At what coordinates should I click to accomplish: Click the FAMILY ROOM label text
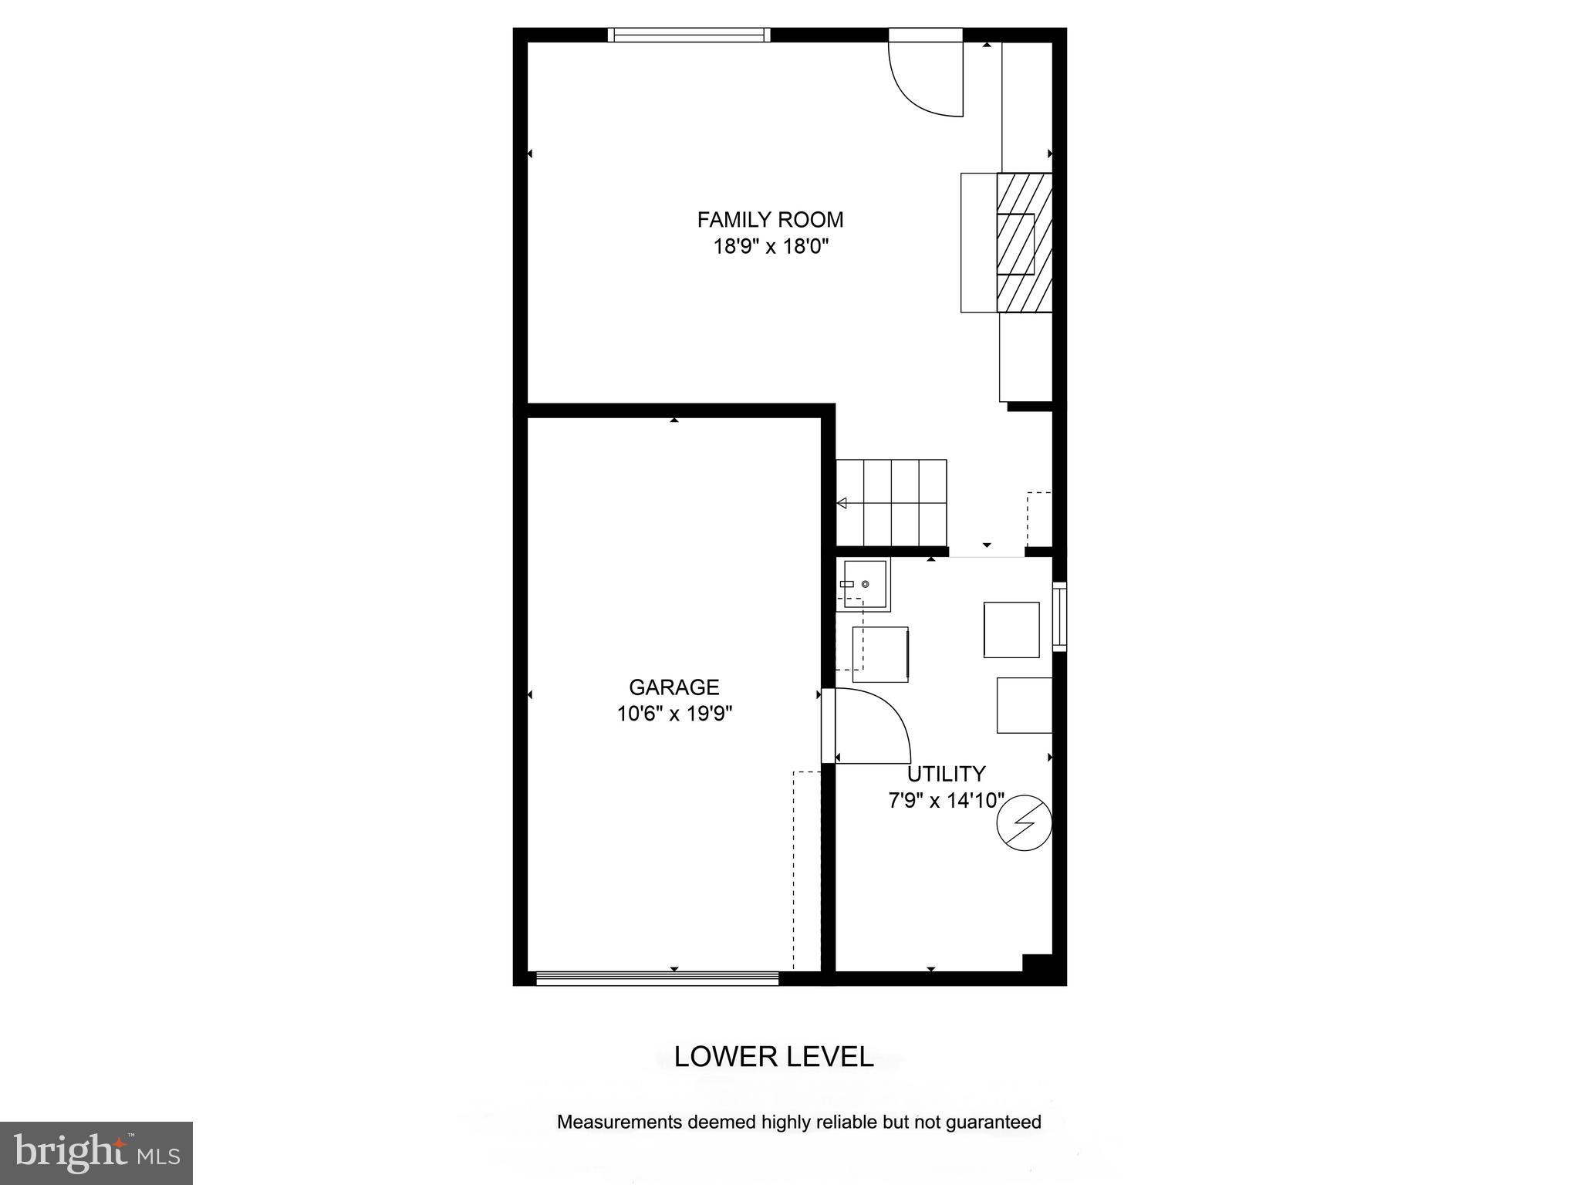click(x=770, y=220)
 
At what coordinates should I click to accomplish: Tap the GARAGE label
click(x=674, y=687)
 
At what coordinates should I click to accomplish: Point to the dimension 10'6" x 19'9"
click(x=674, y=714)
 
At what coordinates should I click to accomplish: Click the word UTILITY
click(x=946, y=774)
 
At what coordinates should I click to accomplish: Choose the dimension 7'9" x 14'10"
click(x=946, y=801)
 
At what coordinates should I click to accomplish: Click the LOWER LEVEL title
click(x=774, y=1057)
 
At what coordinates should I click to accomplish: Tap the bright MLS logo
click(x=96, y=1153)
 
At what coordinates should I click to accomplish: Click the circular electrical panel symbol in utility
click(x=1024, y=823)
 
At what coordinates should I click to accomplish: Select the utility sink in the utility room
click(x=864, y=584)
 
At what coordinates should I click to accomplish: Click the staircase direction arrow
click(x=842, y=503)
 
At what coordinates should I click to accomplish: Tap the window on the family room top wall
click(x=688, y=35)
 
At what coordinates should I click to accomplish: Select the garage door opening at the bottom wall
click(x=657, y=978)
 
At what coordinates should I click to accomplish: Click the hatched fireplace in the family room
click(x=1025, y=243)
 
